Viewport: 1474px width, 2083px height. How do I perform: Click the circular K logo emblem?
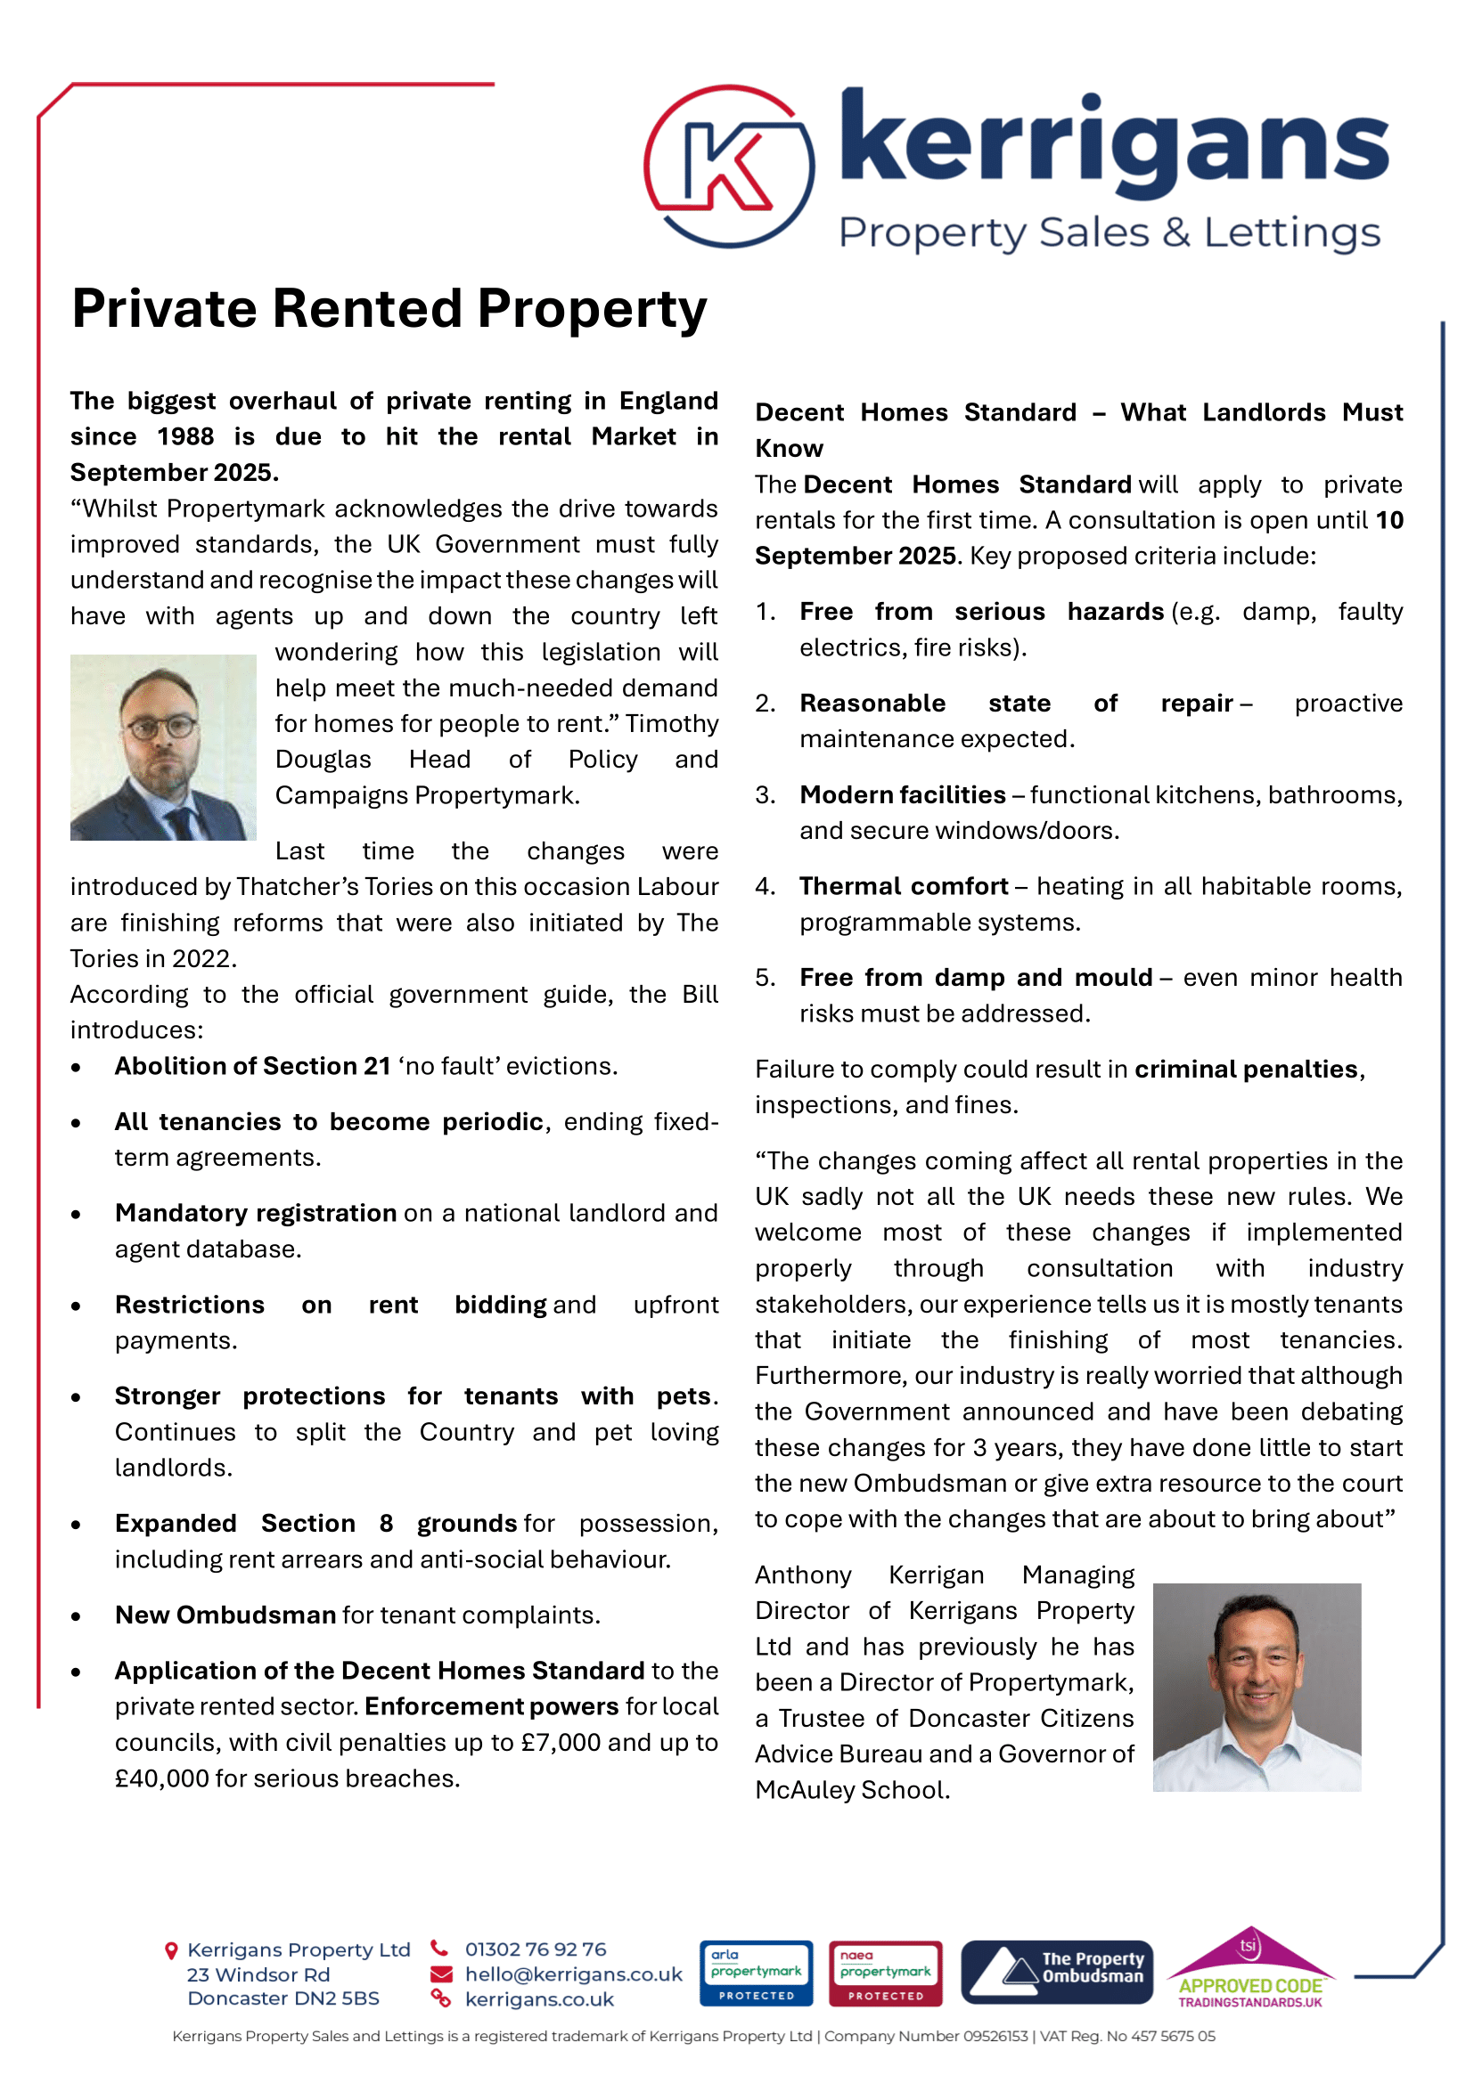coord(729,167)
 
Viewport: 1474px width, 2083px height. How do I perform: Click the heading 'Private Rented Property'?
coord(389,308)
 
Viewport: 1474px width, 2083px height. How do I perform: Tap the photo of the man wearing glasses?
coord(163,747)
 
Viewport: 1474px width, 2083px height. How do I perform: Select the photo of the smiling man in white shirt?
coord(1257,1688)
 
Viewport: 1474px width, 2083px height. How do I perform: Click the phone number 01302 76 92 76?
coord(536,1949)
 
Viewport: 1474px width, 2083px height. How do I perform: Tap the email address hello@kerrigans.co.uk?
coord(574,1974)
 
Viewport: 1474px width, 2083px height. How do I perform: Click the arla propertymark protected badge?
coord(756,1973)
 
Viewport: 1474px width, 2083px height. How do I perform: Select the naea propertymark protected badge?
coord(885,1973)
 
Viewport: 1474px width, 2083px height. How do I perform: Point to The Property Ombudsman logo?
coord(1057,1973)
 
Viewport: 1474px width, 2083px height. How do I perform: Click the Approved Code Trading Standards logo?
coord(1250,1969)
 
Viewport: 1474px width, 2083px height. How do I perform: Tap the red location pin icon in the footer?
coord(170,1949)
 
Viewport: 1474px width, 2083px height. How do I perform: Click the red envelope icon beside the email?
coord(441,1974)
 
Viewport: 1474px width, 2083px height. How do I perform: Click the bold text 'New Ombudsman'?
coord(225,1615)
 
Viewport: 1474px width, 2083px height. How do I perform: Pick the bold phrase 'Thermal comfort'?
coord(904,886)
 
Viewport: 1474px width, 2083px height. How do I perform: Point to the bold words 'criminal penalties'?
coord(1245,1069)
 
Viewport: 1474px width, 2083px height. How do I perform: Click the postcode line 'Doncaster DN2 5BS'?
coord(283,1998)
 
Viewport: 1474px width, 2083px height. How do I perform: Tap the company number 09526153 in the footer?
coord(995,2036)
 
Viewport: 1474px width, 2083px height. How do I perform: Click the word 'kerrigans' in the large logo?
coord(1115,143)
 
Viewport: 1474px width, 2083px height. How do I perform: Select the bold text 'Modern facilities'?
coord(902,794)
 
